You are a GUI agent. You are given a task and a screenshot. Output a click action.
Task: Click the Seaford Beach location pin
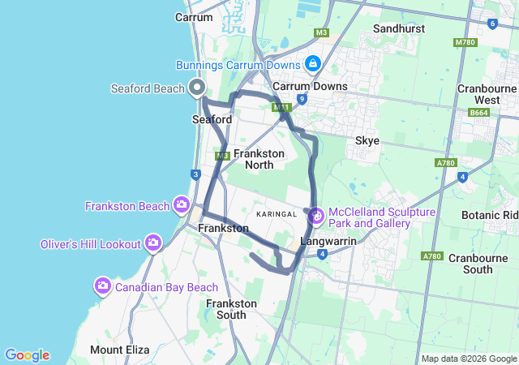tap(196, 88)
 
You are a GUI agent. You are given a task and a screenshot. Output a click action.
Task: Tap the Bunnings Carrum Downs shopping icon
tap(312, 63)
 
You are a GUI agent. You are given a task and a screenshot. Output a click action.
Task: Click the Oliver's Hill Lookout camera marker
tap(153, 243)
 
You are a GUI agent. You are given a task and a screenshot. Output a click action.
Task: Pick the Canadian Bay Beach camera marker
tap(103, 286)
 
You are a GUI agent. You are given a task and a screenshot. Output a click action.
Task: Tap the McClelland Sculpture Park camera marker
tap(315, 217)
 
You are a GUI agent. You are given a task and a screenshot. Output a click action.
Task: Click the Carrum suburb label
tap(194, 17)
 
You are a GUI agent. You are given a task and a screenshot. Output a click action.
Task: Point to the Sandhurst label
tap(399, 28)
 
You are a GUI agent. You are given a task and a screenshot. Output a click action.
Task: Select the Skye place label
tap(367, 140)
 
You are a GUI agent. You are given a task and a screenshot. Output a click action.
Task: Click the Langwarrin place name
tap(328, 242)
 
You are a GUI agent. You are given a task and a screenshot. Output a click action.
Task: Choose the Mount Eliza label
tap(119, 350)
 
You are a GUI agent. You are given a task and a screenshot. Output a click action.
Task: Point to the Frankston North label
tap(259, 159)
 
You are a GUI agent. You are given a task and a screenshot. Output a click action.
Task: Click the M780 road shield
tap(465, 42)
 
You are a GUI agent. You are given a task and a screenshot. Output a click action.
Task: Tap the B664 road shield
tap(478, 114)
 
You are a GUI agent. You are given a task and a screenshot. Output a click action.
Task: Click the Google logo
tap(27, 355)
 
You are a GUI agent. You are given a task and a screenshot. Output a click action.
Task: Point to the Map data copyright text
tap(469, 359)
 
